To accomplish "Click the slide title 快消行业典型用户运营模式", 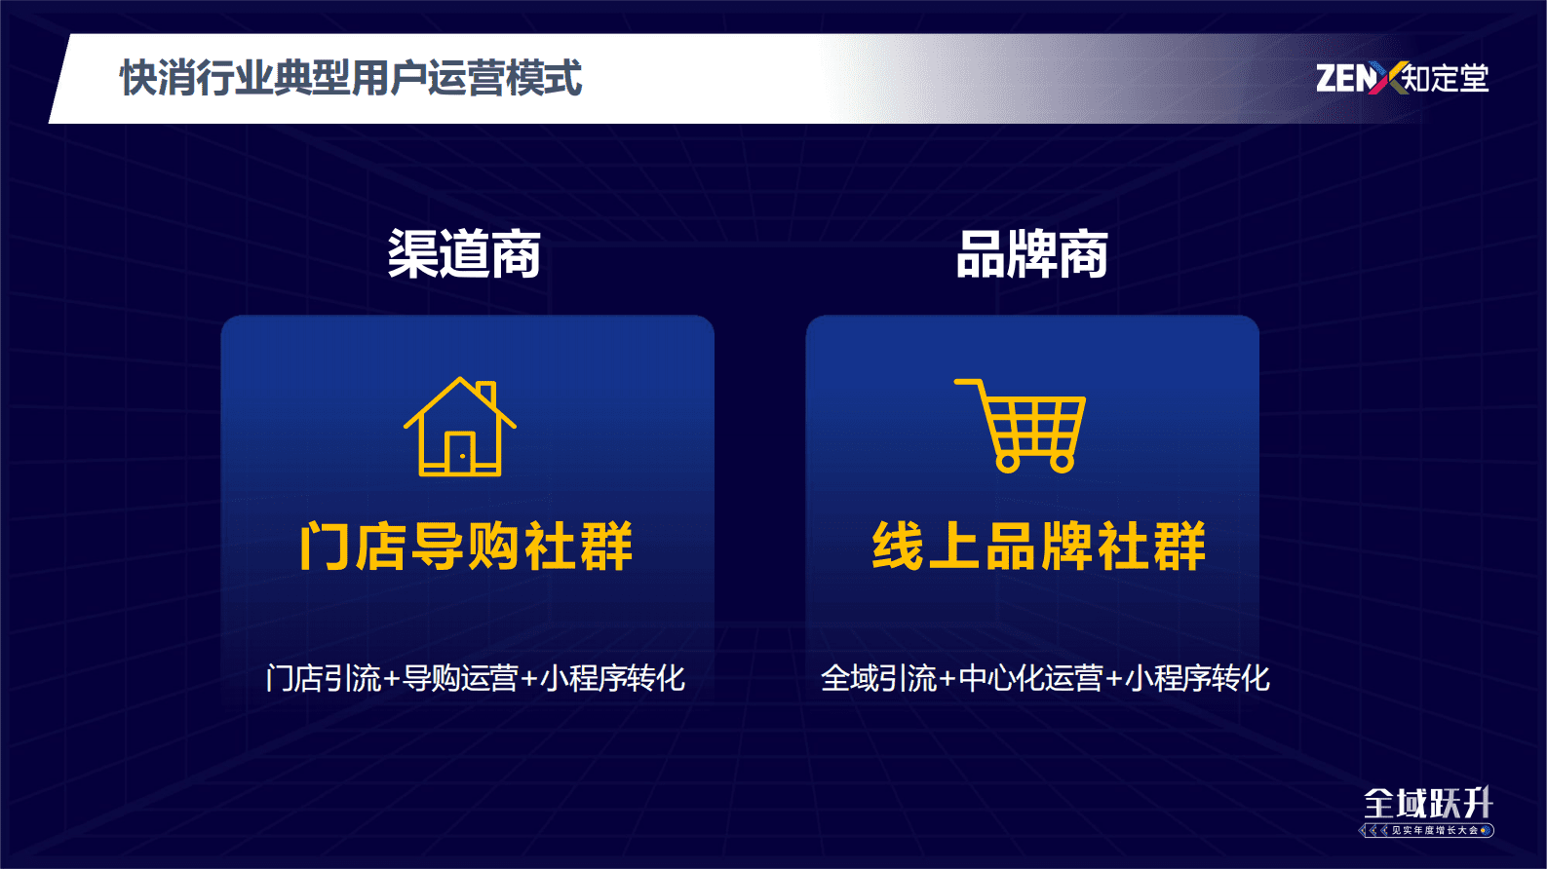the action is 351,77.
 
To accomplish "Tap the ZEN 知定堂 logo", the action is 1402,77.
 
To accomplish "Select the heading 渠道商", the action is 464,254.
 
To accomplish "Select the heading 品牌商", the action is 1032,254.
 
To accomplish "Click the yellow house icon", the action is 460,426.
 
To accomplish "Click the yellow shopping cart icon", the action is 1020,425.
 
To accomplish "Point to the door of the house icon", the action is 460,453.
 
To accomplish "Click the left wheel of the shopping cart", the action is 1008,462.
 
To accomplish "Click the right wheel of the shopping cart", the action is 1063,462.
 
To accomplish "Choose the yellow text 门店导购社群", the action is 466,546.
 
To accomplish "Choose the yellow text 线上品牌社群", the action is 1039,546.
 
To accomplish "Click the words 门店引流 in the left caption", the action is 324,678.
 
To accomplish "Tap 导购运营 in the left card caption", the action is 460,678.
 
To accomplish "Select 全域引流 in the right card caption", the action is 878,678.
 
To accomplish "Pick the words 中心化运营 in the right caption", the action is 1030,678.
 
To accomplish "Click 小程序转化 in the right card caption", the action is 1198,678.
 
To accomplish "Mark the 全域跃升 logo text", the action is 1428,804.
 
